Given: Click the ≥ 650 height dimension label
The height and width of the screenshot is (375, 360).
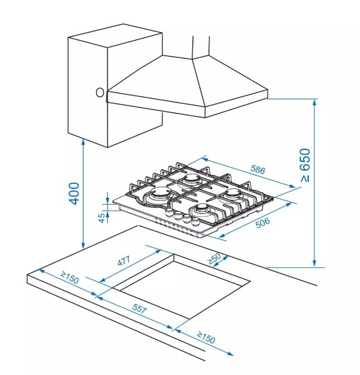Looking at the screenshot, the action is (x=305, y=165).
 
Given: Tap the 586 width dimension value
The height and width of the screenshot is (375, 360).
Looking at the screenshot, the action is (x=258, y=169).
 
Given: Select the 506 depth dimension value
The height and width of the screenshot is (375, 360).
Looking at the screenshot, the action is (x=262, y=223).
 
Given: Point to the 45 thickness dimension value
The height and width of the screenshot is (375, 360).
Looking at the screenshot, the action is (x=102, y=218).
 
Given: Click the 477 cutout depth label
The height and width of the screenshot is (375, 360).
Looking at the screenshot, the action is (x=124, y=261).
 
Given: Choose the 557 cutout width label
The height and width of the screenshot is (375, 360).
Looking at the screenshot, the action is (x=139, y=308).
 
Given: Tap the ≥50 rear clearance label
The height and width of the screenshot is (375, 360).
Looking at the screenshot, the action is (x=215, y=259).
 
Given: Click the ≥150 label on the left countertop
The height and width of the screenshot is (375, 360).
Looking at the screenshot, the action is (x=70, y=277).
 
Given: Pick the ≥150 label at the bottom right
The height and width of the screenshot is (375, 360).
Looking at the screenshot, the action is (x=206, y=337).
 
